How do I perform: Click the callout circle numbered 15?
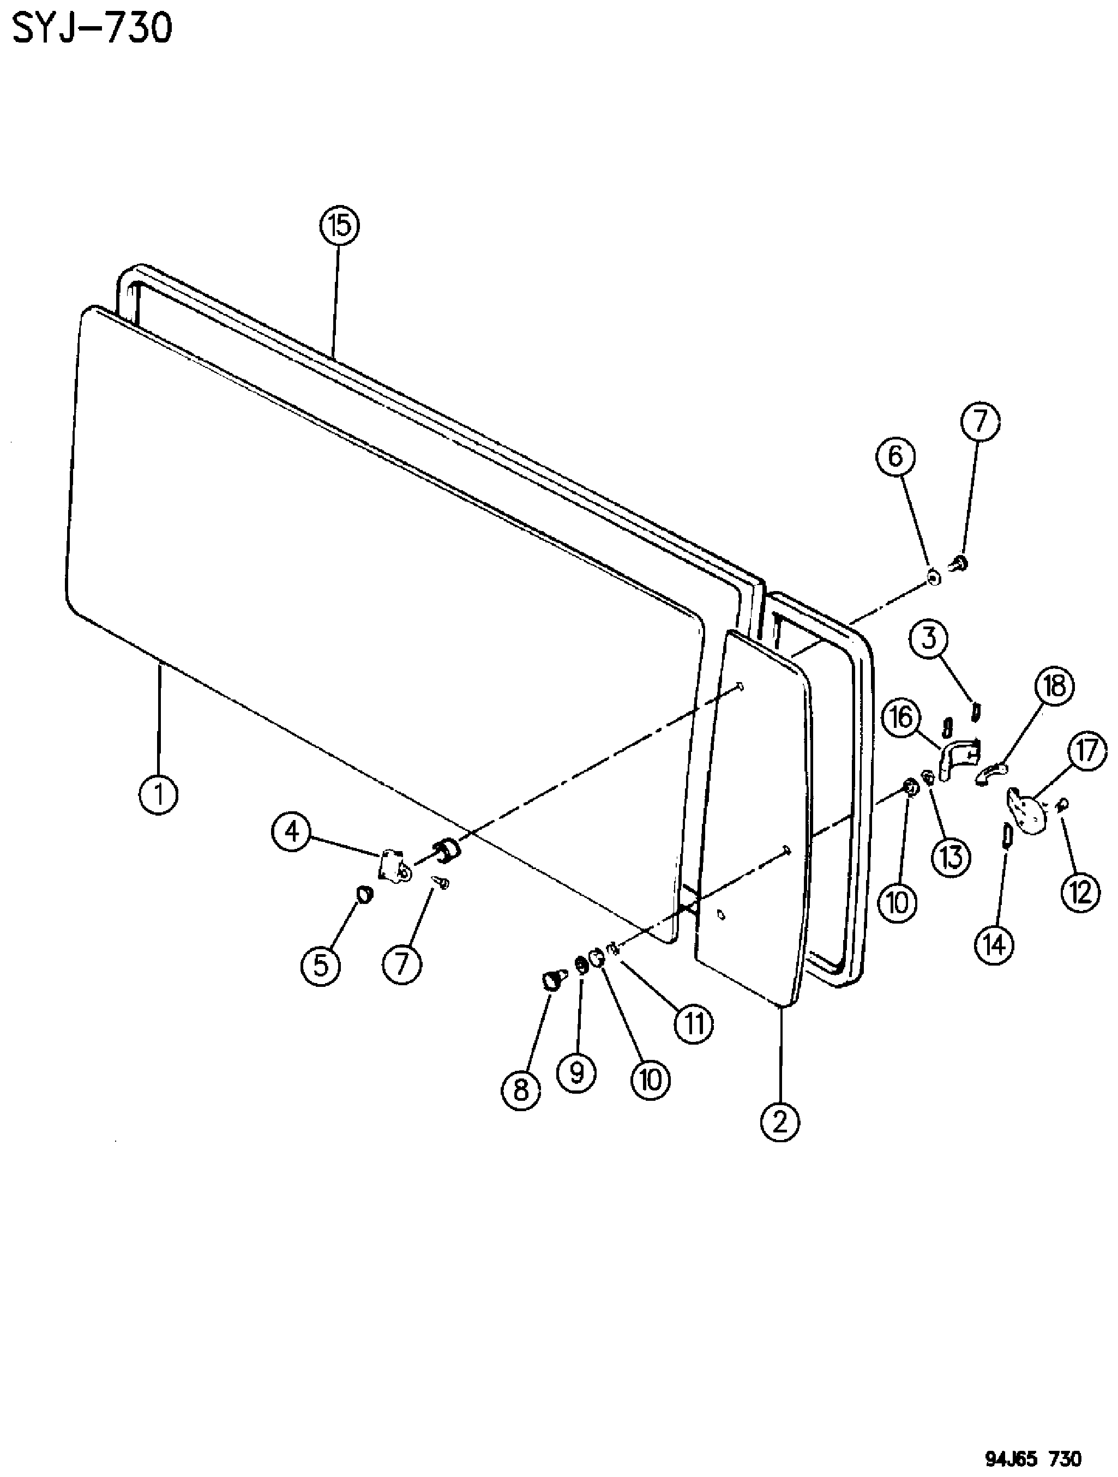point(339,226)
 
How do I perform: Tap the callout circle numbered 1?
point(159,793)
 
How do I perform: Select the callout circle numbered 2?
point(779,1121)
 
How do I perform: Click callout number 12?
point(1080,892)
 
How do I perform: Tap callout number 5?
point(321,965)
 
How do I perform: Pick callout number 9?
point(577,1072)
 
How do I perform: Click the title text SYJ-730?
point(92,29)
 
